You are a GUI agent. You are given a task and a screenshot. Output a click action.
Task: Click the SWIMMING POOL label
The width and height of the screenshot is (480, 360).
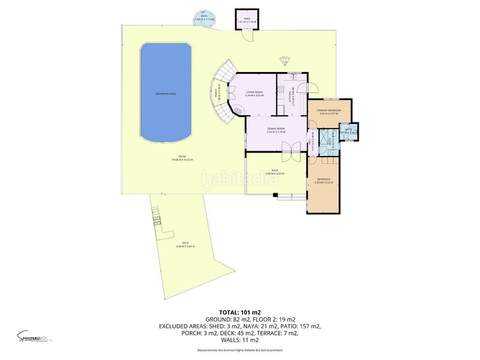click(x=166, y=94)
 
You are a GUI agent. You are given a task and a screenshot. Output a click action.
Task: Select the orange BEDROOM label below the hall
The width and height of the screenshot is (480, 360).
click(x=324, y=179)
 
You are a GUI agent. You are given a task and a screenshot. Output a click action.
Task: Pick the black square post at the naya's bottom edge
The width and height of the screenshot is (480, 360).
click(x=274, y=194)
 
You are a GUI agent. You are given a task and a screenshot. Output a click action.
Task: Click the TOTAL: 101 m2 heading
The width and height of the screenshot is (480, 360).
click(x=240, y=312)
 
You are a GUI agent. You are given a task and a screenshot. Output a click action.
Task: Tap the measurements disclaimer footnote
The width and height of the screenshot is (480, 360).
click(x=240, y=350)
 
